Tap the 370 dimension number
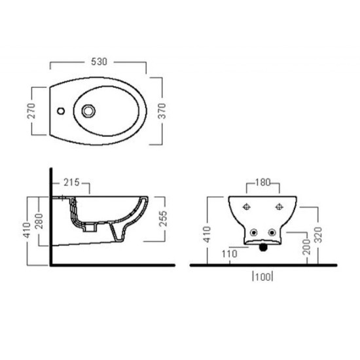[162, 111]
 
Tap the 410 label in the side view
[26, 229]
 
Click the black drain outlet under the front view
[263, 247]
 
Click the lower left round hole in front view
[254, 233]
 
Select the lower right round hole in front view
[272, 233]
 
